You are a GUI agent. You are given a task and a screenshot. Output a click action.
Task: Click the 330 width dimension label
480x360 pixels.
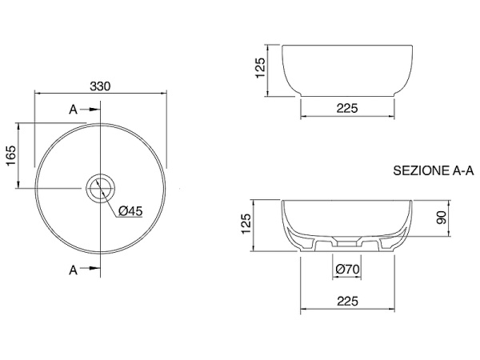tap(100, 86)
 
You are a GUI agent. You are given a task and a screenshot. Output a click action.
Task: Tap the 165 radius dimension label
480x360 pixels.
tap(11, 156)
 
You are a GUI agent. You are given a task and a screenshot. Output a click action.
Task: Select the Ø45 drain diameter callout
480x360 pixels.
tap(130, 211)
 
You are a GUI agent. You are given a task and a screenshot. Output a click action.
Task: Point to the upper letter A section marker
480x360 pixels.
tap(73, 110)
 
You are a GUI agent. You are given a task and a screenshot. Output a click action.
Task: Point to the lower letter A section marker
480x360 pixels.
tap(73, 270)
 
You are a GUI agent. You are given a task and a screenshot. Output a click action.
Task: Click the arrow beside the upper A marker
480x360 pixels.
tap(92, 110)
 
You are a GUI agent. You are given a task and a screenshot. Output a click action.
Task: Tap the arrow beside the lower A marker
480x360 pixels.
tap(92, 268)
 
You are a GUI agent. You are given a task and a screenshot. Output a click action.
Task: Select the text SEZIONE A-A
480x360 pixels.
tap(434, 171)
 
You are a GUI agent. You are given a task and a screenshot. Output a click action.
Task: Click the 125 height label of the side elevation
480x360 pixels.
tap(260, 68)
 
